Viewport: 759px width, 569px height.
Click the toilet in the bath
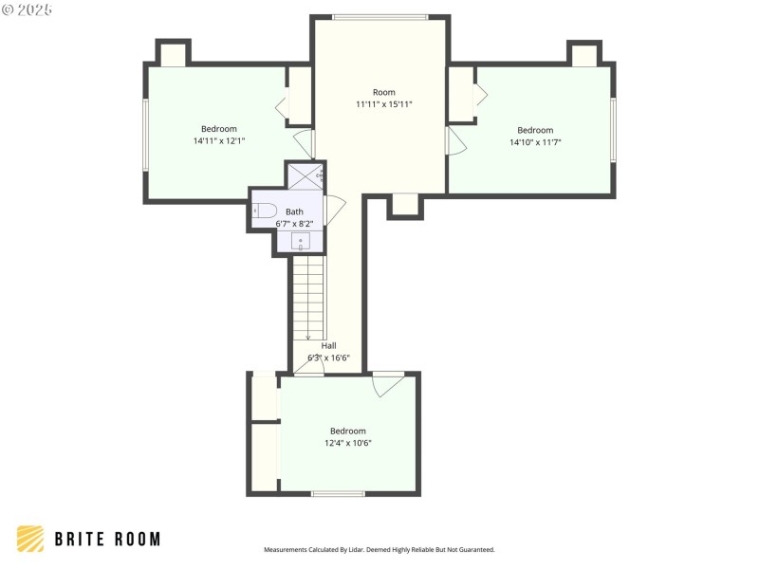point(265,211)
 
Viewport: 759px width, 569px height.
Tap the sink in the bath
point(300,241)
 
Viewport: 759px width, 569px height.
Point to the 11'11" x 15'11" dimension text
point(383,104)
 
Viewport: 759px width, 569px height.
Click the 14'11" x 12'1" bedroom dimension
point(218,141)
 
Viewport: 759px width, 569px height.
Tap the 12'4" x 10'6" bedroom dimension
point(347,443)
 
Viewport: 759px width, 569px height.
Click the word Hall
point(328,345)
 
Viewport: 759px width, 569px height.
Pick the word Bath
point(295,211)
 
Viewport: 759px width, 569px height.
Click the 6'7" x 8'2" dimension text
point(294,223)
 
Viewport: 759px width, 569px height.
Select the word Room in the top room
point(383,92)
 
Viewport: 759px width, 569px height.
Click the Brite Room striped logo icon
point(30,539)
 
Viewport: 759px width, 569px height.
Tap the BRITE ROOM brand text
point(106,539)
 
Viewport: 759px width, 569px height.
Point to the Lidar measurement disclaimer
point(379,549)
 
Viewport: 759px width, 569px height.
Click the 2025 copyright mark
point(28,9)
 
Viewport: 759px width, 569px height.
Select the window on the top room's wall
point(379,16)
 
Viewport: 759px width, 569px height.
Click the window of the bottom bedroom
point(338,493)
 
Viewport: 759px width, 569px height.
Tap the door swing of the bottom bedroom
point(387,383)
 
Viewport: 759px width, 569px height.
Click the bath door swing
point(335,208)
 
